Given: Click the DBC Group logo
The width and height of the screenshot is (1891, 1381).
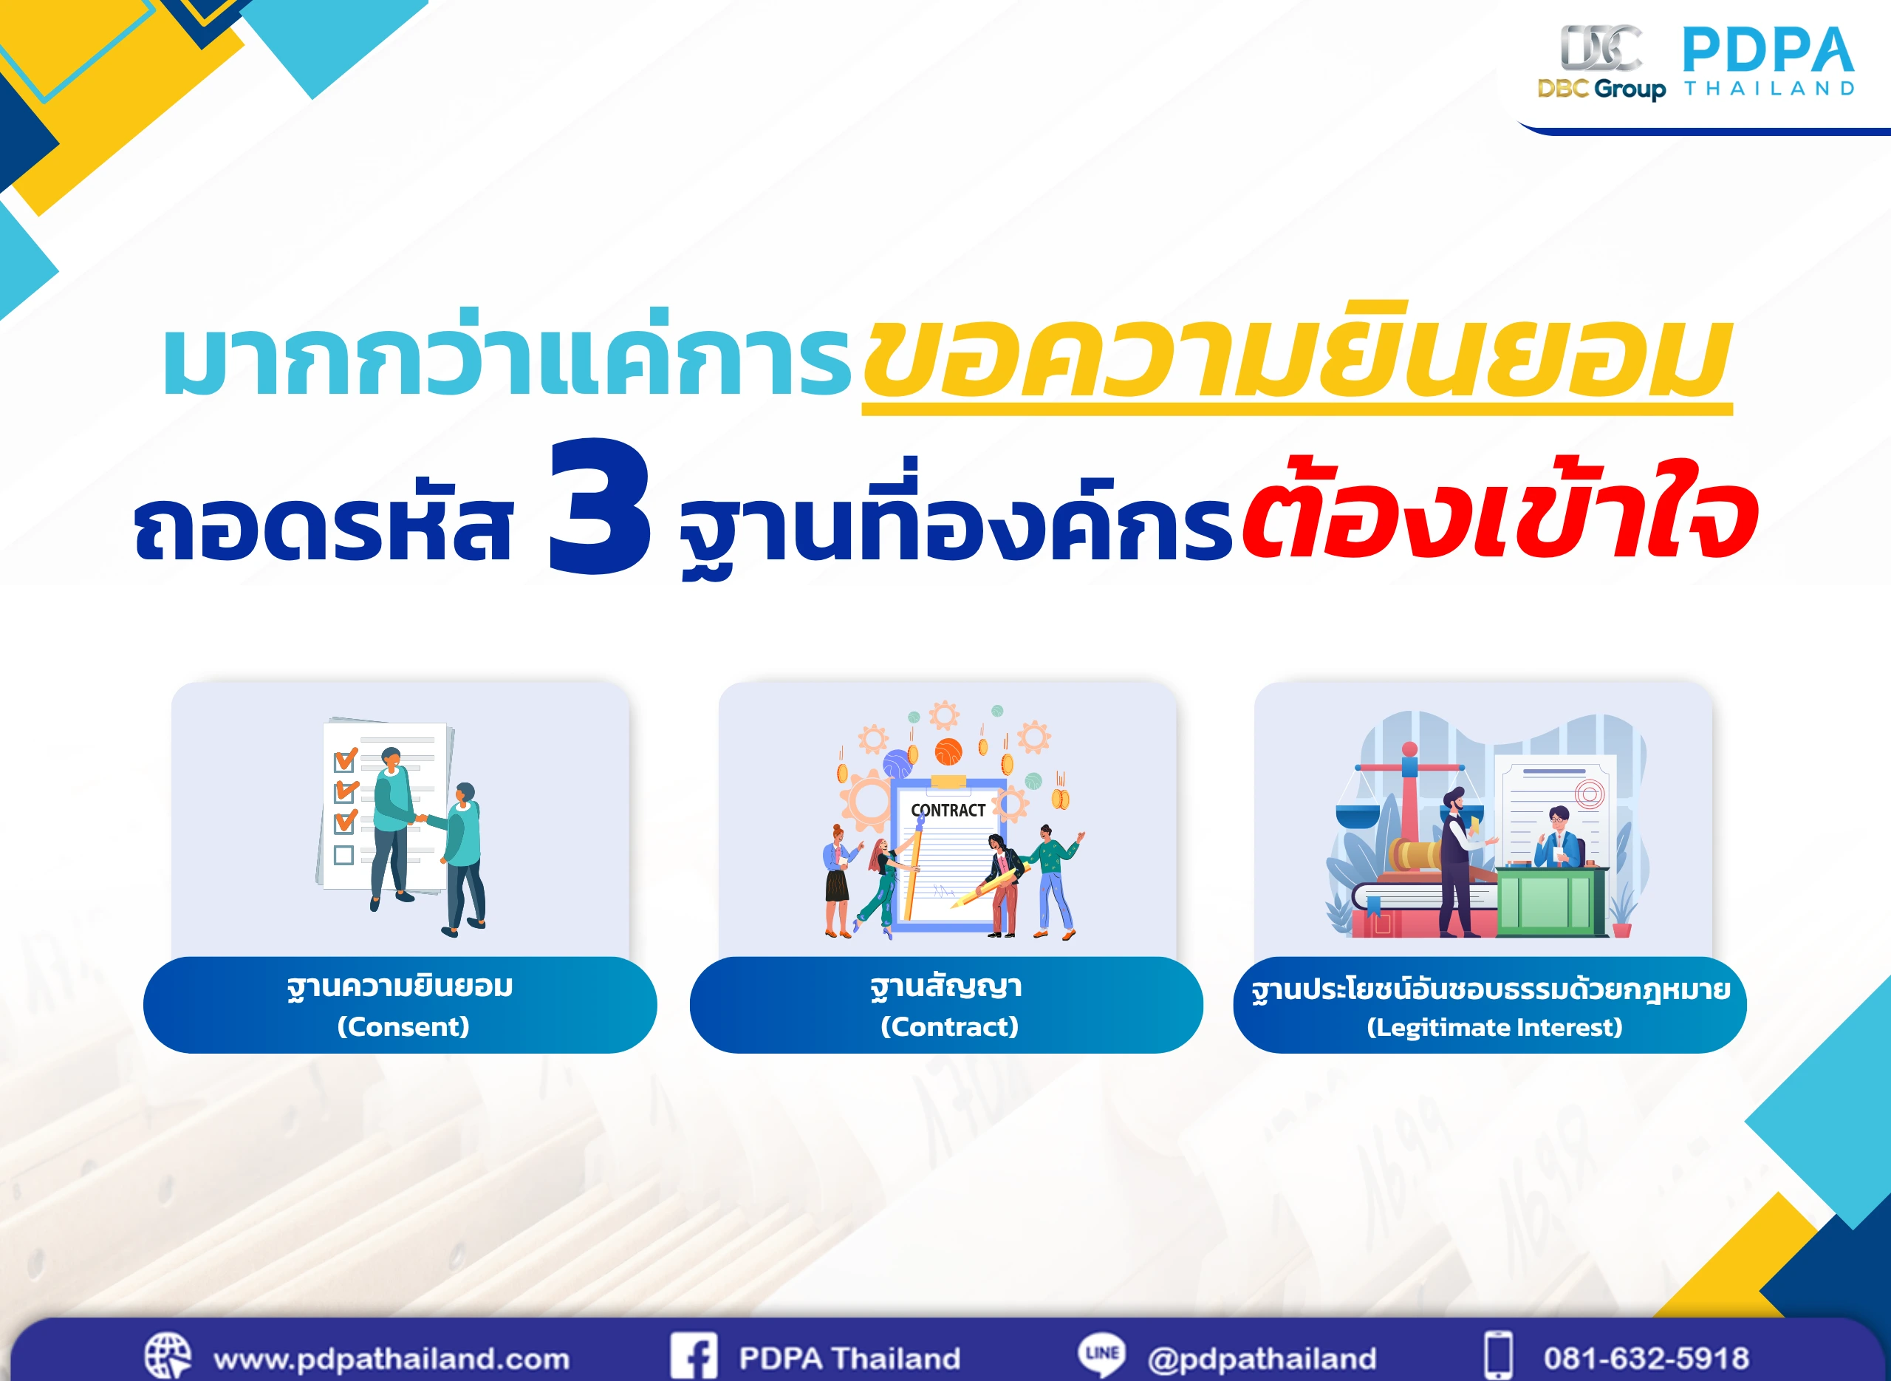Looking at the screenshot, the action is point(1601,63).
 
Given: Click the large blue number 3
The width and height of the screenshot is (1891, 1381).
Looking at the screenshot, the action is point(599,508).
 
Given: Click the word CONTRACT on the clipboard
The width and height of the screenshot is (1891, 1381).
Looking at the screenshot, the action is point(948,810).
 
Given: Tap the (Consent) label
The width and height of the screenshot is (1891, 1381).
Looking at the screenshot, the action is point(403,1026).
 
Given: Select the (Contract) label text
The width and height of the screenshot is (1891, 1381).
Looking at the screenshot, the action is point(949,1026).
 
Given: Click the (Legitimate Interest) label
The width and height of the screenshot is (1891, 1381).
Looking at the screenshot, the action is point(1494,1027).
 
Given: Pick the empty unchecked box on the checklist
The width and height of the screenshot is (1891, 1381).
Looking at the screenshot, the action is point(343,855).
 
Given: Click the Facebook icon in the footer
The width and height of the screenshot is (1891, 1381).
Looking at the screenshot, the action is point(694,1356).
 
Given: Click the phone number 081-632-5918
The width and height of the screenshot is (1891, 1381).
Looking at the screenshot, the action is point(1646,1358).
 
